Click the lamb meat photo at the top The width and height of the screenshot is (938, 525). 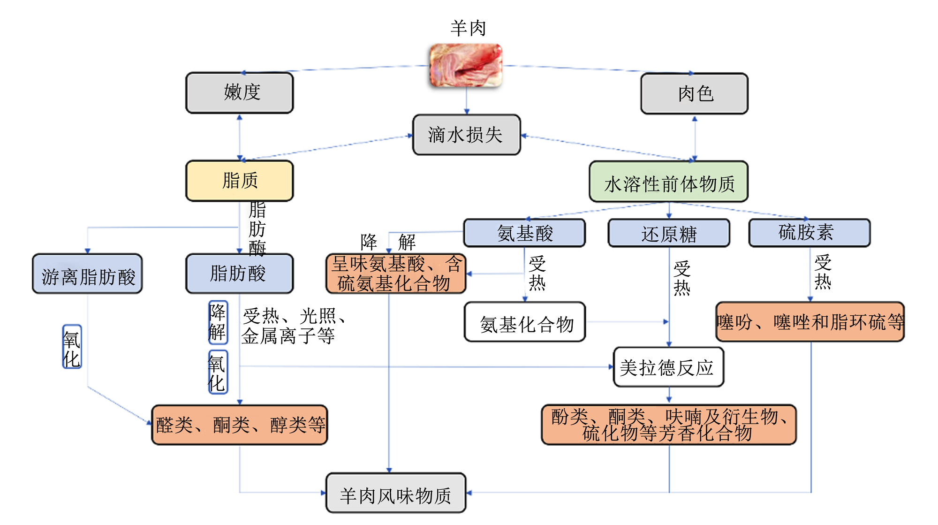pos(466,65)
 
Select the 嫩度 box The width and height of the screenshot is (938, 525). pos(240,92)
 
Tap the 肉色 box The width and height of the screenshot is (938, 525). pos(695,93)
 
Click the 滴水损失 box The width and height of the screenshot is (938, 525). pos(467,135)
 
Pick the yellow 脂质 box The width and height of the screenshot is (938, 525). pos(240,181)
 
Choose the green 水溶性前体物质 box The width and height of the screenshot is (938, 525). pos(669,182)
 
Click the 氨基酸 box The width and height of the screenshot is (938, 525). pos(524,233)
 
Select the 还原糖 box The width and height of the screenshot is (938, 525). pos(669,233)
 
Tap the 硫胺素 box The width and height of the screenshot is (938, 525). pos(809,233)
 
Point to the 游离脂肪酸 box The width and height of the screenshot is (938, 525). pos(87,274)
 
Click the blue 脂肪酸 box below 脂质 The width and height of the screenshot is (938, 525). pos(240,274)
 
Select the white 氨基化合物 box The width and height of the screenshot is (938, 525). pos(525,322)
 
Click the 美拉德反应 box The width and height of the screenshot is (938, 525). pos(668,367)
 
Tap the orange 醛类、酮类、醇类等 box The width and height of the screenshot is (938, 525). pos(240,425)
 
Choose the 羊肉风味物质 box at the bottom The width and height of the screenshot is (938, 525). pos(396,493)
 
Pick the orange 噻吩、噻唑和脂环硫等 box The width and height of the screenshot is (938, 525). pos(810,322)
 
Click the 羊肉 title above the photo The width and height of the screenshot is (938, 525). pos(468,28)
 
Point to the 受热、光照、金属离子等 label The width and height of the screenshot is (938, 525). pos(294,326)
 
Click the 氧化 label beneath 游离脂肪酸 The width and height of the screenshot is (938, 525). pos(72,347)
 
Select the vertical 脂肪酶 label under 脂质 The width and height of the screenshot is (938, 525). pos(257,228)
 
